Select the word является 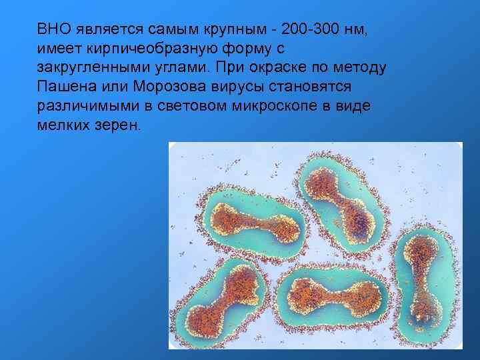[100, 29]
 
